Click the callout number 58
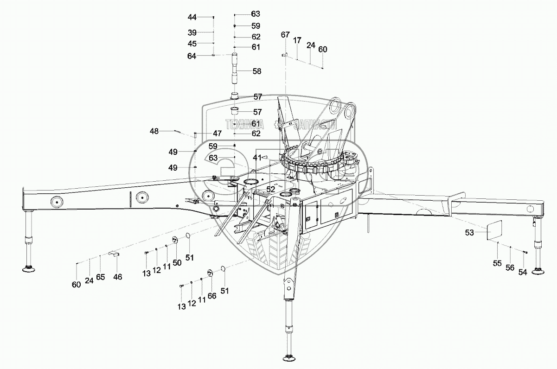tap(256, 71)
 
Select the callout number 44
tap(192, 17)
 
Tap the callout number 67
tap(285, 35)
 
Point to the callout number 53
tap(469, 233)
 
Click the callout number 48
tap(154, 131)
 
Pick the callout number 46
tap(118, 277)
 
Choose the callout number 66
tap(212, 296)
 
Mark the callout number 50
tap(177, 262)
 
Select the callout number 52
tap(270, 189)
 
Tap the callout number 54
tap(523, 272)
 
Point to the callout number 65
tap(101, 277)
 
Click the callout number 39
tap(192, 32)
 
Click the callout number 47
tap(217, 134)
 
